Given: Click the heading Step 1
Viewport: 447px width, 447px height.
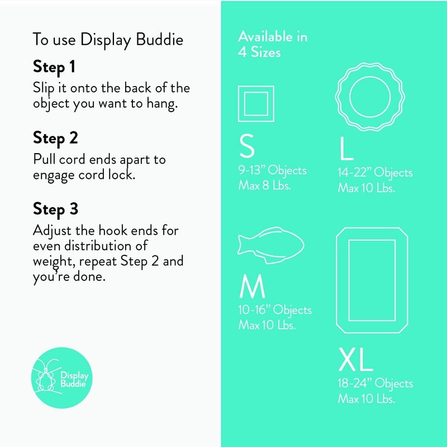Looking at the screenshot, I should pos(54,67).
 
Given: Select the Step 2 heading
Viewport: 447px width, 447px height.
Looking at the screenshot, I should pos(55,138).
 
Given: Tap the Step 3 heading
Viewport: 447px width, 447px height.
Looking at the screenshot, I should pos(55,210).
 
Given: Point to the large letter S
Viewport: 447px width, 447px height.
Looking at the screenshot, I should pos(246,146).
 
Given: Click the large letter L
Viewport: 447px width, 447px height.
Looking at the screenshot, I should pos(346,149).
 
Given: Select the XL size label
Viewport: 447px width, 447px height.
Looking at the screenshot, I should pos(355,360).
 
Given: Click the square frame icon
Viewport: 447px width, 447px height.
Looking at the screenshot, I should pos(256,104).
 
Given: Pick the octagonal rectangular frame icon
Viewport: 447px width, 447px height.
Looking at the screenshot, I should pos(372,280).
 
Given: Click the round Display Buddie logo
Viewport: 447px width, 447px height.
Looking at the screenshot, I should pos(61,377).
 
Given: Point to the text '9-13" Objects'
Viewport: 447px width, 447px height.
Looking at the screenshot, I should pos(272,170).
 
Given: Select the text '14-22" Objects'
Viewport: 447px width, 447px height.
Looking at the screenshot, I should pos(374,173).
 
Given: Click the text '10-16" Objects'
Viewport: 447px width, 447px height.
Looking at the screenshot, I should pos(275,310).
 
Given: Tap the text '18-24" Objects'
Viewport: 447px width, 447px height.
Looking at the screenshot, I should pos(375,383).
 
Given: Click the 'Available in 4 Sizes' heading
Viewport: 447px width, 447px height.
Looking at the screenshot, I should pos(273,45).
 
